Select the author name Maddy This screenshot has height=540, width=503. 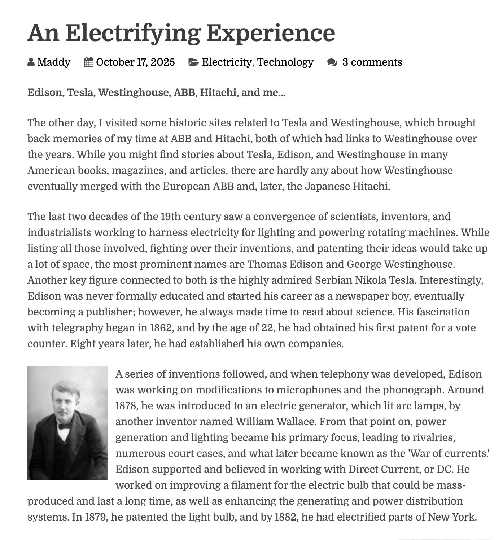tap(53, 62)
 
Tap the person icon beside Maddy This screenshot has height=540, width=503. tap(31, 62)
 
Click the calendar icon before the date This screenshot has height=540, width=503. tap(88, 62)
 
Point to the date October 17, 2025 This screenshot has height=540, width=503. tap(135, 62)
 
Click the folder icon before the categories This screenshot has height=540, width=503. tap(193, 62)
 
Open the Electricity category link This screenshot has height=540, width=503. tap(227, 62)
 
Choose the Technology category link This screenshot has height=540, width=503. tap(285, 62)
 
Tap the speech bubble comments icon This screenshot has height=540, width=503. tap(332, 62)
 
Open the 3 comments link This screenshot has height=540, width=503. tap(372, 62)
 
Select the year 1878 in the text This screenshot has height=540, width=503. tap(127, 406)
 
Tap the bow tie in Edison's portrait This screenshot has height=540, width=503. tap(65, 426)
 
